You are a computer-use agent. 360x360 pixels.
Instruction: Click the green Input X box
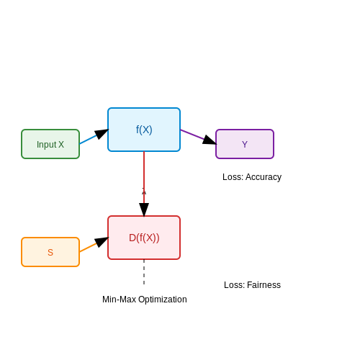[50, 144]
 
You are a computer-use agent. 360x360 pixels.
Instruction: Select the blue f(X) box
[144, 130]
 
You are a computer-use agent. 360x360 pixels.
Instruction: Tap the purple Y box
[245, 144]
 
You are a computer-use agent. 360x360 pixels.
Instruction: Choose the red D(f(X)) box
[144, 238]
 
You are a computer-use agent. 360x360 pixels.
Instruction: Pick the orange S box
[50, 252]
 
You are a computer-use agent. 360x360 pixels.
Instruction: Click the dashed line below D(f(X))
[144, 272]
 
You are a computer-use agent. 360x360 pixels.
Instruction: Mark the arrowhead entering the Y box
[210, 140]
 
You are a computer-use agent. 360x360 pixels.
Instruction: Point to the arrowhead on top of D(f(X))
[144, 210]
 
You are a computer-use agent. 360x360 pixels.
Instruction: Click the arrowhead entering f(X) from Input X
[102, 134]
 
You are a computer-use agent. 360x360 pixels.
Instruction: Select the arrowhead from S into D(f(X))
[102, 242]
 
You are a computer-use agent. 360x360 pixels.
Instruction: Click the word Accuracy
[264, 177]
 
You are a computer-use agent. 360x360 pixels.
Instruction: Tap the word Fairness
[264, 285]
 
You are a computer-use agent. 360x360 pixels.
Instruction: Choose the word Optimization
[163, 300]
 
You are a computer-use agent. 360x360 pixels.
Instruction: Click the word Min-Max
[120, 300]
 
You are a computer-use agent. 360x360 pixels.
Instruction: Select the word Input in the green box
[47, 145]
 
